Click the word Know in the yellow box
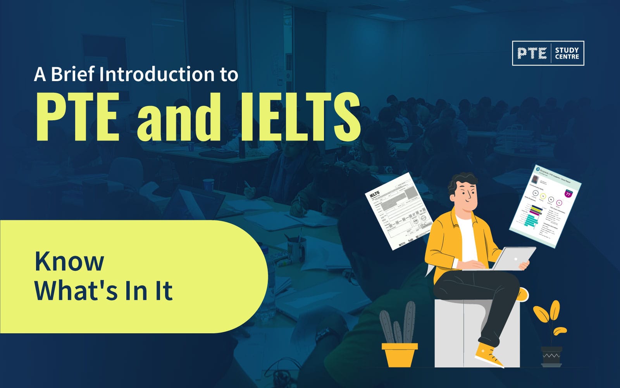(69, 262)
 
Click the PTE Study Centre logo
(548, 53)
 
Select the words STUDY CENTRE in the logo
(567, 53)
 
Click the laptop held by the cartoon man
(513, 258)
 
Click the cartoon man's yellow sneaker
(489, 355)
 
